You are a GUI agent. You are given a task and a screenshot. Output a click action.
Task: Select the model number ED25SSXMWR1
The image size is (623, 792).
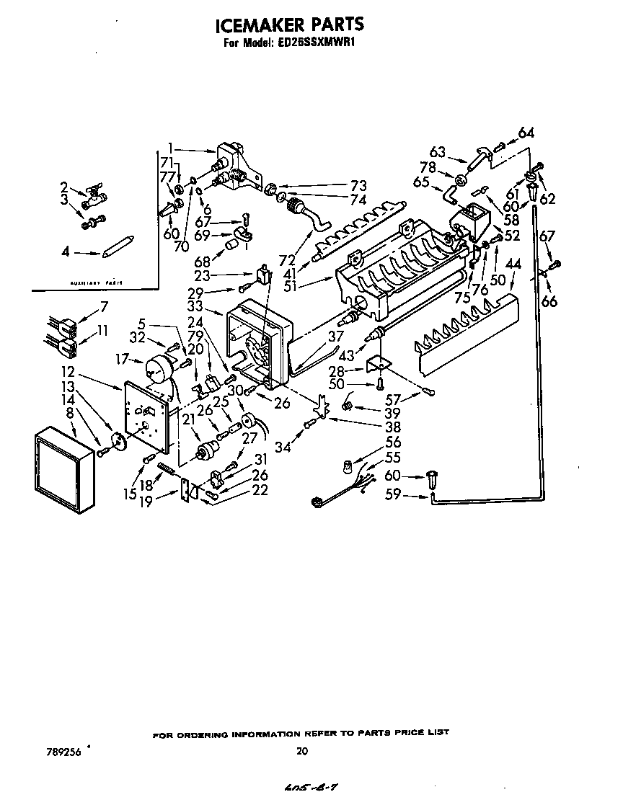(x=318, y=43)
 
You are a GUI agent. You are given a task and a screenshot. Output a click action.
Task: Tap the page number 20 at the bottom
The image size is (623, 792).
(x=302, y=751)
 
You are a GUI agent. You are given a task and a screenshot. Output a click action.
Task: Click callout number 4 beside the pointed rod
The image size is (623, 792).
(x=66, y=252)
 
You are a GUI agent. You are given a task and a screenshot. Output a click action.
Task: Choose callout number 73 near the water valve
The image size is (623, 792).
(x=358, y=185)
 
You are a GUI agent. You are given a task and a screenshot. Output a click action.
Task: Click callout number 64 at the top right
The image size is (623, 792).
(x=526, y=133)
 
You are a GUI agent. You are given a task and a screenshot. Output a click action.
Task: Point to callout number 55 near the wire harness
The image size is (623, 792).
(x=393, y=457)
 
